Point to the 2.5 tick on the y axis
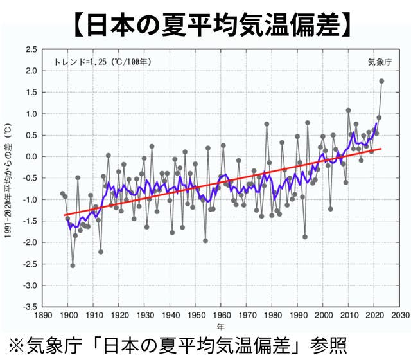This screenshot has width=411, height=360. click(x=30, y=50)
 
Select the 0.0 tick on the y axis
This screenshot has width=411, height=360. click(x=30, y=157)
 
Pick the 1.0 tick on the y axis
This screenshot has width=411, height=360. click(x=30, y=114)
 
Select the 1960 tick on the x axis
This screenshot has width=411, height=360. click(x=222, y=315)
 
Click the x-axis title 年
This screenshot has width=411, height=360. click(x=222, y=327)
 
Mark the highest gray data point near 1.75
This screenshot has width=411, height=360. click(x=381, y=81)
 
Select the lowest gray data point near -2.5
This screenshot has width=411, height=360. click(x=73, y=265)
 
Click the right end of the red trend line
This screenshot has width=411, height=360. click(x=381, y=148)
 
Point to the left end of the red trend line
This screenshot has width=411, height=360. click(x=63, y=215)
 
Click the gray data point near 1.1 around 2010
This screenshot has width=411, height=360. click(x=348, y=111)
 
